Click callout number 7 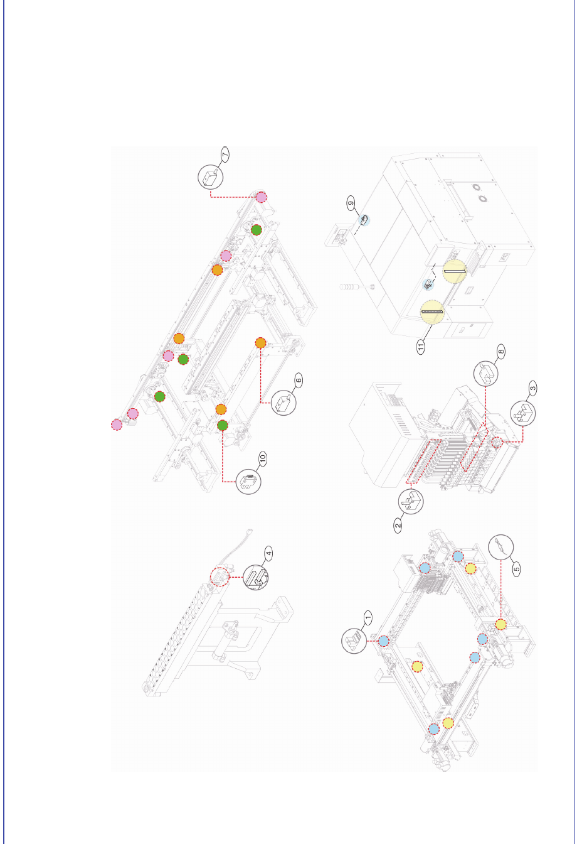click(x=225, y=154)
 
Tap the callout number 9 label click(x=351, y=203)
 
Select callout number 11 click(x=421, y=346)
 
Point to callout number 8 click(x=500, y=352)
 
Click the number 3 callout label click(x=532, y=388)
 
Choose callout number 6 click(x=299, y=380)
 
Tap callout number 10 click(x=263, y=458)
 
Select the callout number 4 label click(x=268, y=553)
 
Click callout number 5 click(x=517, y=568)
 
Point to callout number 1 click(x=368, y=617)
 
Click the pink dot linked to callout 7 click(x=261, y=197)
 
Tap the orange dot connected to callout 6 click(x=261, y=343)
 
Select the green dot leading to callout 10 click(x=223, y=425)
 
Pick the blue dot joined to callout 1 click(x=383, y=641)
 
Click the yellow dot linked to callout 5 click(x=500, y=624)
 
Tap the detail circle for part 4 click(x=257, y=577)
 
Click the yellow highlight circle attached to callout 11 click(x=432, y=312)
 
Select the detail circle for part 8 click(x=485, y=374)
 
